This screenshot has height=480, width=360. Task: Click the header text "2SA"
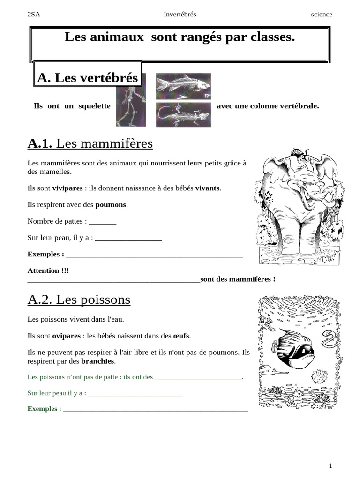click(x=34, y=14)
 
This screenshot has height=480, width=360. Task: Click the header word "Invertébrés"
click(x=180, y=14)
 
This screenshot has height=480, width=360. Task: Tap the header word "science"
click(x=322, y=14)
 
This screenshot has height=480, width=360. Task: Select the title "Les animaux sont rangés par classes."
click(x=180, y=37)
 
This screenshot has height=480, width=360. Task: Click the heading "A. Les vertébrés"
click(x=88, y=77)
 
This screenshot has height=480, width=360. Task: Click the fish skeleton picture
click(x=183, y=86)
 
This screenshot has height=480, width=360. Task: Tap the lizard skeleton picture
click(x=183, y=115)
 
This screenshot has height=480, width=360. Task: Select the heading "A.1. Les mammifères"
click(x=90, y=143)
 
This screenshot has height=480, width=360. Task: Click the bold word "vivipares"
click(x=67, y=188)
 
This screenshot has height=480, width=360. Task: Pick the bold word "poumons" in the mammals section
click(x=111, y=204)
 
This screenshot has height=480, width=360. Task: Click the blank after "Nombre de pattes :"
click(x=102, y=221)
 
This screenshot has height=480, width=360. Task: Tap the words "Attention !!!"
click(x=48, y=270)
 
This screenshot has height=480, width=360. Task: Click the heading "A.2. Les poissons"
click(x=79, y=300)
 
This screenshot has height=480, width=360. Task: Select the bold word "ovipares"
click(x=67, y=336)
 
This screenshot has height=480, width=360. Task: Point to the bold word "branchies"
click(x=97, y=361)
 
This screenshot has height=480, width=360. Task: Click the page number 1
click(x=330, y=465)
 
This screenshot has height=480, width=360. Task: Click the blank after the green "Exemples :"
click(x=155, y=409)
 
